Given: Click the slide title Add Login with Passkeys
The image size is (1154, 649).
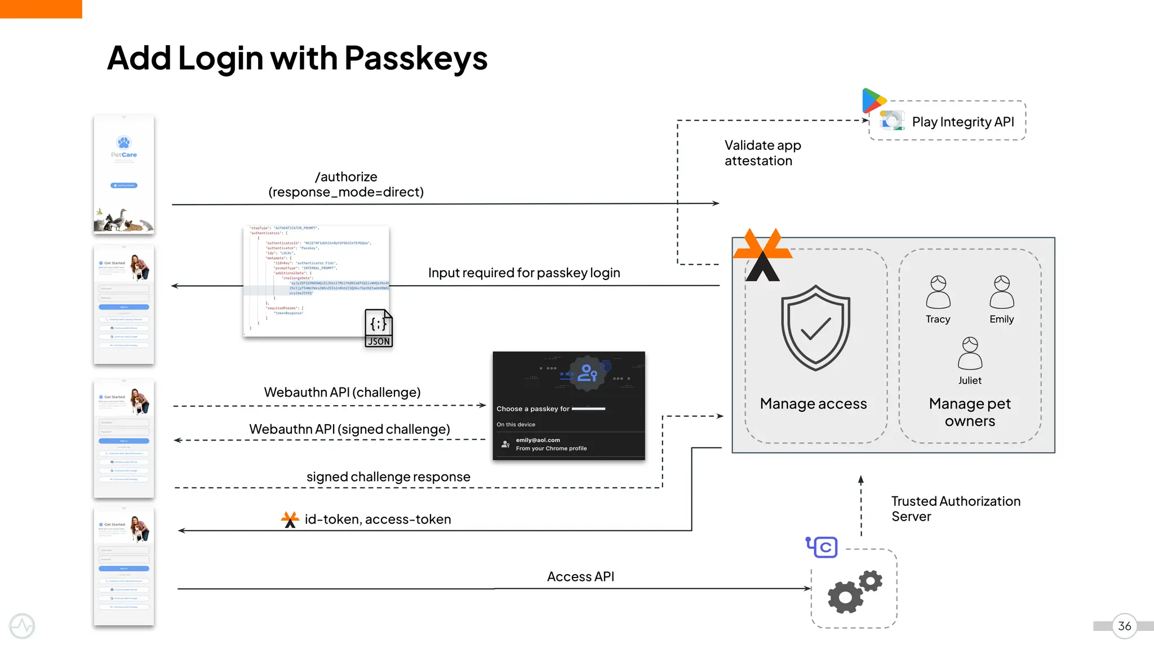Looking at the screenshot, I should [297, 59].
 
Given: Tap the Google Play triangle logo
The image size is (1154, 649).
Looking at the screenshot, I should [873, 101].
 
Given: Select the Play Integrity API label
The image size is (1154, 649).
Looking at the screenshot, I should [962, 122].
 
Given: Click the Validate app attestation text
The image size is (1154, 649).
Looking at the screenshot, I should [762, 153].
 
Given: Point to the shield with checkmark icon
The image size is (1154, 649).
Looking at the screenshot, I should [815, 327].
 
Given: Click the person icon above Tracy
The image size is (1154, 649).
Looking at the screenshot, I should [938, 292].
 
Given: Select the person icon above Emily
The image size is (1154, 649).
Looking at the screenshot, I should [1001, 292].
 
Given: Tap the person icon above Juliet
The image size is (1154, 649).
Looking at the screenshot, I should [970, 353].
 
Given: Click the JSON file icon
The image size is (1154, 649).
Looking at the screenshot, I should [378, 328].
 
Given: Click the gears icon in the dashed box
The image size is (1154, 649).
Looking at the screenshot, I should [854, 591].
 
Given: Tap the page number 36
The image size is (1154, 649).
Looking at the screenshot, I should [1124, 626].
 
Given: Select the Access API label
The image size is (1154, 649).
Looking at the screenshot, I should [580, 576].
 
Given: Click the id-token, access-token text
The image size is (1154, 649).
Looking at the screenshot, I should [378, 519].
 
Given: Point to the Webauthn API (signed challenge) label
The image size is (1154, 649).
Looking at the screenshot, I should [349, 429].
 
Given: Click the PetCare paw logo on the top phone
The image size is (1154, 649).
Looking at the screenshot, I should [123, 142].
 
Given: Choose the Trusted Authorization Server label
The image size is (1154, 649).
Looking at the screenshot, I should [955, 509].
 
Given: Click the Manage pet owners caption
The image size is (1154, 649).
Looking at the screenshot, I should [969, 412].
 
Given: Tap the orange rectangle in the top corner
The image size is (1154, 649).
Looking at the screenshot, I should [41, 8].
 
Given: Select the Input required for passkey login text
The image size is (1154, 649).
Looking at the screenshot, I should [523, 273].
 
